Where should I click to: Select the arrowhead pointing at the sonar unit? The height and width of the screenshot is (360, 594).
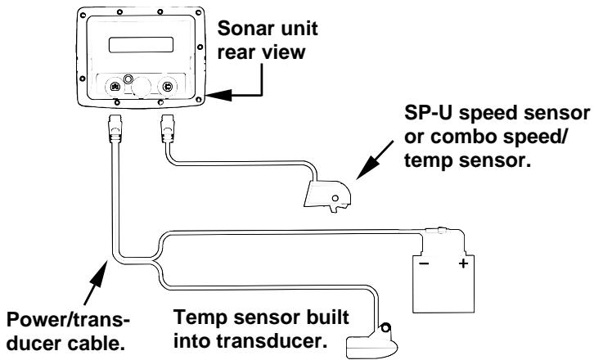pos(215,95)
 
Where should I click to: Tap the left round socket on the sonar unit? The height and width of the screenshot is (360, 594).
pos(115,86)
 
